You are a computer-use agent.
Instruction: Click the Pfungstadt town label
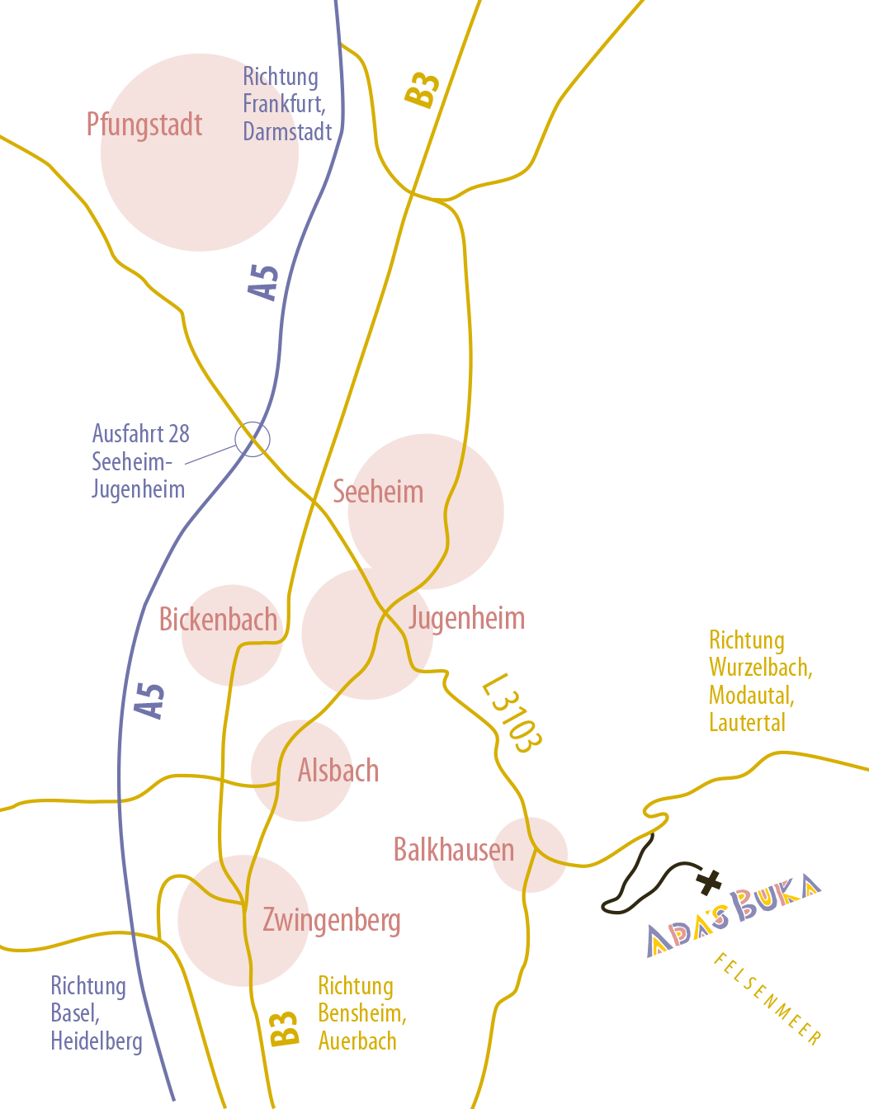point(144,125)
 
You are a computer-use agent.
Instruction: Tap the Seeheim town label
point(378,492)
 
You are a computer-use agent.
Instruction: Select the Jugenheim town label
point(467,618)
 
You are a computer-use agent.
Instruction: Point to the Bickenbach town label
point(218,620)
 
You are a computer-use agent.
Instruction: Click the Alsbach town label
point(338,771)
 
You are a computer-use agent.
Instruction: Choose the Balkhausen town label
point(453,850)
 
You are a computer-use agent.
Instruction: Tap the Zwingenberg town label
point(332,920)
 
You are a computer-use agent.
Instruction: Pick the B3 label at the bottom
point(284,1028)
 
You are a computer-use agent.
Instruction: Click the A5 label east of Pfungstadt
point(264,282)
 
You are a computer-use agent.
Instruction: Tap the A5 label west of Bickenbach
point(150,701)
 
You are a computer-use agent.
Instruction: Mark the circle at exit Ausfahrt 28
point(253,439)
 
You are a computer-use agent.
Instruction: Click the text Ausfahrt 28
point(141,434)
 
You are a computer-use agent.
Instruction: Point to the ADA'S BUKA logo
point(734,913)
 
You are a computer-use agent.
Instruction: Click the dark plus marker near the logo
point(709,882)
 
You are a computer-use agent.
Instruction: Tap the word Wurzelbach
point(759,668)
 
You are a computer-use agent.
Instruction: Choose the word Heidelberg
point(97,1042)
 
